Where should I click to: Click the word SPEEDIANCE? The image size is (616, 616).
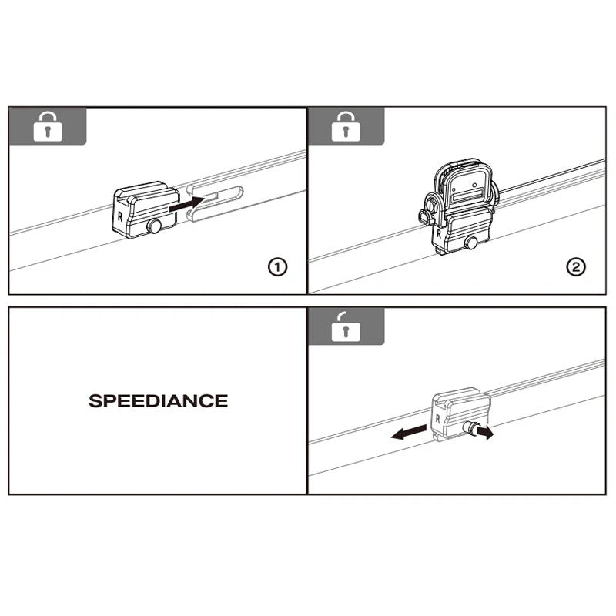pyautogui.click(x=158, y=401)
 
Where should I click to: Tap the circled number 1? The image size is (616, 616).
pyautogui.click(x=276, y=267)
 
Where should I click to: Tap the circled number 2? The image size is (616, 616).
pyautogui.click(x=576, y=267)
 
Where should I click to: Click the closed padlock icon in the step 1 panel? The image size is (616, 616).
pyautogui.click(x=47, y=127)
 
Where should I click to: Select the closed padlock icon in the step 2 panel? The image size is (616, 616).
pyautogui.click(x=346, y=127)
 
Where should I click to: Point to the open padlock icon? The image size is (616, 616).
pyautogui.click(x=346, y=326)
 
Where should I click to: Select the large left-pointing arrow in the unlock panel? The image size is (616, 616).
pyautogui.click(x=408, y=434)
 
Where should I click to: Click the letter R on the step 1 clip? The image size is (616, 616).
pyautogui.click(x=120, y=216)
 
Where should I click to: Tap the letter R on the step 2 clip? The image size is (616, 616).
pyautogui.click(x=438, y=230)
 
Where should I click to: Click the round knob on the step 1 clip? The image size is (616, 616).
pyautogui.click(x=156, y=226)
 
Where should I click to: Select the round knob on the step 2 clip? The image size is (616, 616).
pyautogui.click(x=469, y=243)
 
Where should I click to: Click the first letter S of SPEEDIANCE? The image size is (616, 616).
pyautogui.click(x=95, y=401)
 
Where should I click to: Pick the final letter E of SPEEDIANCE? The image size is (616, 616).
pyautogui.click(x=222, y=401)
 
